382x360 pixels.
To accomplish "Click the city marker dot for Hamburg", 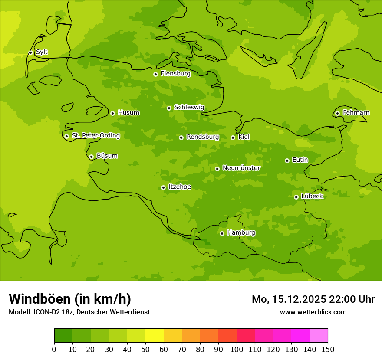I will coord(222,233).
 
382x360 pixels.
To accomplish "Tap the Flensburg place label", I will coord(175,74).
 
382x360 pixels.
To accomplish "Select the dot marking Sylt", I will coord(30,52).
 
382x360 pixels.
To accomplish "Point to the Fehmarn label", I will coord(356,113).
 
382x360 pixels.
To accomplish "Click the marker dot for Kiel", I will coord(233,137).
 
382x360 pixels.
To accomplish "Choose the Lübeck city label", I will coord(312,196).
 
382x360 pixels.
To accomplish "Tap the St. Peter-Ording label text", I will coord(95,136).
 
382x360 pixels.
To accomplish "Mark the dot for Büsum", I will coord(91,157).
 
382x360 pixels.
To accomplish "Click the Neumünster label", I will coord(241,168).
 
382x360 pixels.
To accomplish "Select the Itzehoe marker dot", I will coord(163,187).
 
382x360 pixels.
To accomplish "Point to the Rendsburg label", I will coord(203,137).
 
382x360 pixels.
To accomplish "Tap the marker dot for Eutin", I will coord(287,160).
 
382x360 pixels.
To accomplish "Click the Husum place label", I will coord(128,113).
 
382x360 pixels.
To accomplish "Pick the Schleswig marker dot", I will coord(169,108).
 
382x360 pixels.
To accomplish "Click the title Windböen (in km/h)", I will coord(70,299).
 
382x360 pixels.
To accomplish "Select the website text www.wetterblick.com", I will coord(313,312).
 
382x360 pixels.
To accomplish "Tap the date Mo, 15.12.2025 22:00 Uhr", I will coord(313,299).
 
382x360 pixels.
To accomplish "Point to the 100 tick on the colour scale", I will coord(237,349).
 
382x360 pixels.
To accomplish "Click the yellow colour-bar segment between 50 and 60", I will coord(155,336).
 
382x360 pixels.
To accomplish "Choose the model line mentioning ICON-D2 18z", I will coord(79,312).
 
